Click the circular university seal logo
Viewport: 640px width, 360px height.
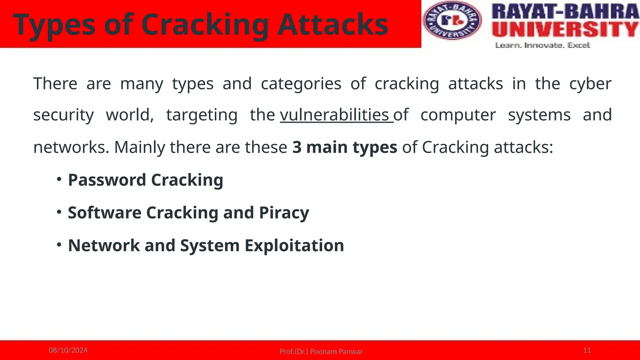click(x=452, y=21)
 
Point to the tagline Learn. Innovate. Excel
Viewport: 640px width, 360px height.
click(x=542, y=46)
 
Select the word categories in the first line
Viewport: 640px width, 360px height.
click(x=301, y=84)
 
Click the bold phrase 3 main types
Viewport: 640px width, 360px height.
click(x=344, y=147)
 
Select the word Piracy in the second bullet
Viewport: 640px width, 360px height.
click(x=284, y=213)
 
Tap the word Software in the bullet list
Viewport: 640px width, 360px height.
click(x=104, y=213)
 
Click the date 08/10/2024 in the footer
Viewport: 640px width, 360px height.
click(x=68, y=350)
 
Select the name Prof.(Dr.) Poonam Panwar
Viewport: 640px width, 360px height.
click(x=321, y=352)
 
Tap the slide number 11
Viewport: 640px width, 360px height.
click(x=587, y=350)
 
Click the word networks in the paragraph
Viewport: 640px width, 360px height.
click(x=71, y=147)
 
